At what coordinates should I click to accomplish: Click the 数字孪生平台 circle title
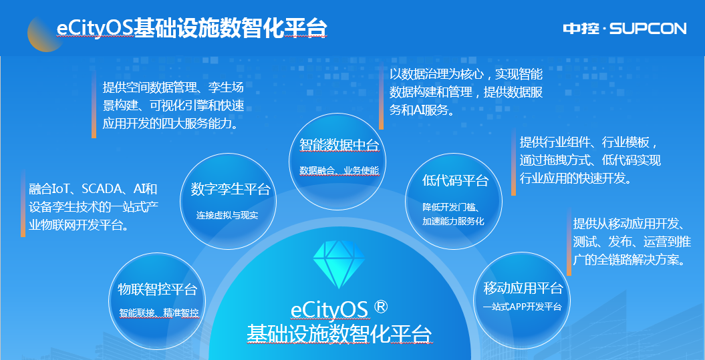[x=231, y=189]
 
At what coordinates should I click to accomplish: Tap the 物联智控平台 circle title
[x=158, y=289]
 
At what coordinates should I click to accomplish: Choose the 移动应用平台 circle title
[x=523, y=289]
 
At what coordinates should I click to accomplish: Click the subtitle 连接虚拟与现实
[x=227, y=216]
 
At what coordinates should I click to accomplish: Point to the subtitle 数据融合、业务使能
[x=339, y=170]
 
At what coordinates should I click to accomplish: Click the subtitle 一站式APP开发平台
[x=522, y=307]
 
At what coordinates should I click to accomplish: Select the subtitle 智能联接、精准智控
[x=158, y=313]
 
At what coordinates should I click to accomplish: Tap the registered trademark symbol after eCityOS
[x=381, y=307]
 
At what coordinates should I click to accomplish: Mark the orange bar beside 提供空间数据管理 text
[x=94, y=105]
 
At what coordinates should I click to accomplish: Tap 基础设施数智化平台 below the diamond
[x=339, y=333]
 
